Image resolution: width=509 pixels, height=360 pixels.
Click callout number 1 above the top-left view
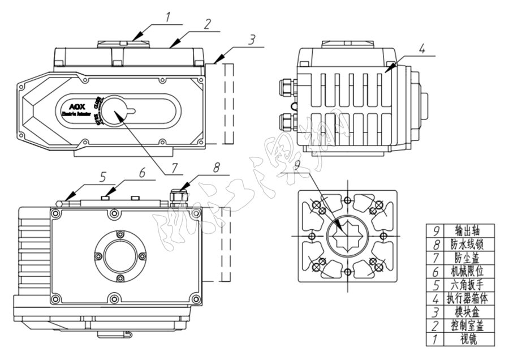pos(167,18)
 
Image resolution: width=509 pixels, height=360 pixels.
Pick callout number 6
pos(142,172)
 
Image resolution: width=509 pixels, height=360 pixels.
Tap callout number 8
pos(217,168)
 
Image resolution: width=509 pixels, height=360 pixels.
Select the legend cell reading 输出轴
pos(470,231)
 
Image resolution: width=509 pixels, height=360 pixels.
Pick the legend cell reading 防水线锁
pos(470,245)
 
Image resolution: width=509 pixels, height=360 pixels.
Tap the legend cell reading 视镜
pos(470,340)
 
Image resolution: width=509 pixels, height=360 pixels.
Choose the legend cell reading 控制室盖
pos(470,326)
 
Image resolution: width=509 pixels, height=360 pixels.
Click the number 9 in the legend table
pos(437,231)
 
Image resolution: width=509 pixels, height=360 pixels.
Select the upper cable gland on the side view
pos(287,87)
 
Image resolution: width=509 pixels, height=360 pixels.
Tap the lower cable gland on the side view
pos(287,121)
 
